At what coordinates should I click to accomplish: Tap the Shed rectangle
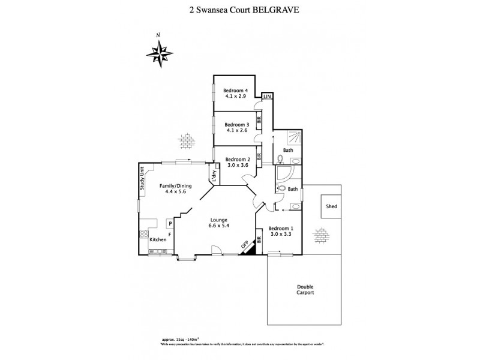[331, 207]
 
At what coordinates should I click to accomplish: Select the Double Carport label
[305, 289]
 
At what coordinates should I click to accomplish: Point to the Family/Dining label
[173, 186]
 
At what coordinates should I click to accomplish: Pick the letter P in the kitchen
[170, 223]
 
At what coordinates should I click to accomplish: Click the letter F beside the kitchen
[170, 233]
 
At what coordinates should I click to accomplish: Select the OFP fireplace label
[244, 245]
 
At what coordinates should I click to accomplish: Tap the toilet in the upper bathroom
[280, 159]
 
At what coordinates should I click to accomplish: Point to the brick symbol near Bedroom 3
[187, 142]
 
